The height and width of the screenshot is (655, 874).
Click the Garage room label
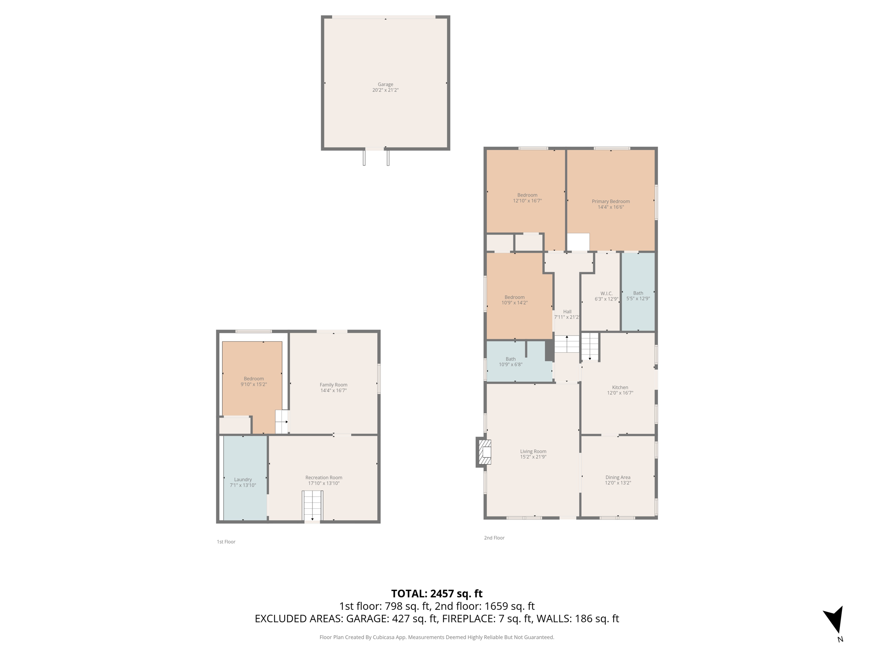385,84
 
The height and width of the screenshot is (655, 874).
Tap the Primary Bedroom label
610,201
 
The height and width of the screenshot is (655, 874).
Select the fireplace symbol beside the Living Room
484,452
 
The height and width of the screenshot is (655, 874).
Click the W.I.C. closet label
606,293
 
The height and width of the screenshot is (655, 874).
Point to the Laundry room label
243,479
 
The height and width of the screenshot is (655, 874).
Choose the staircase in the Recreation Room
312,505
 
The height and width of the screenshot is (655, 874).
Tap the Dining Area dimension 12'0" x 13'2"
618,483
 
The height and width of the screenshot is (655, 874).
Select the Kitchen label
620,387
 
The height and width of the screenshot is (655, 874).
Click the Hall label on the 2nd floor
567,311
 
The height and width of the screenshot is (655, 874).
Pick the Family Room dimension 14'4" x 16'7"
333,390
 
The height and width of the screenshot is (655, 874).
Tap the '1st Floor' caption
226,542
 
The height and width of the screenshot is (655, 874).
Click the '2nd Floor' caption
494,538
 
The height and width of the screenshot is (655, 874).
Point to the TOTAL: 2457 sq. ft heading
437,593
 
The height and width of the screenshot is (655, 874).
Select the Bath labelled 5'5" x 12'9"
638,293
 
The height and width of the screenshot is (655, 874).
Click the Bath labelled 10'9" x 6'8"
510,359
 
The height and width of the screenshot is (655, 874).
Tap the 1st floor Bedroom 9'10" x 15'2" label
253,379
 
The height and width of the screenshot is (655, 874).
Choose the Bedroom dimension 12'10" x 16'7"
527,200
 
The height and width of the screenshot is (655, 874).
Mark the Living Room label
533,451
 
